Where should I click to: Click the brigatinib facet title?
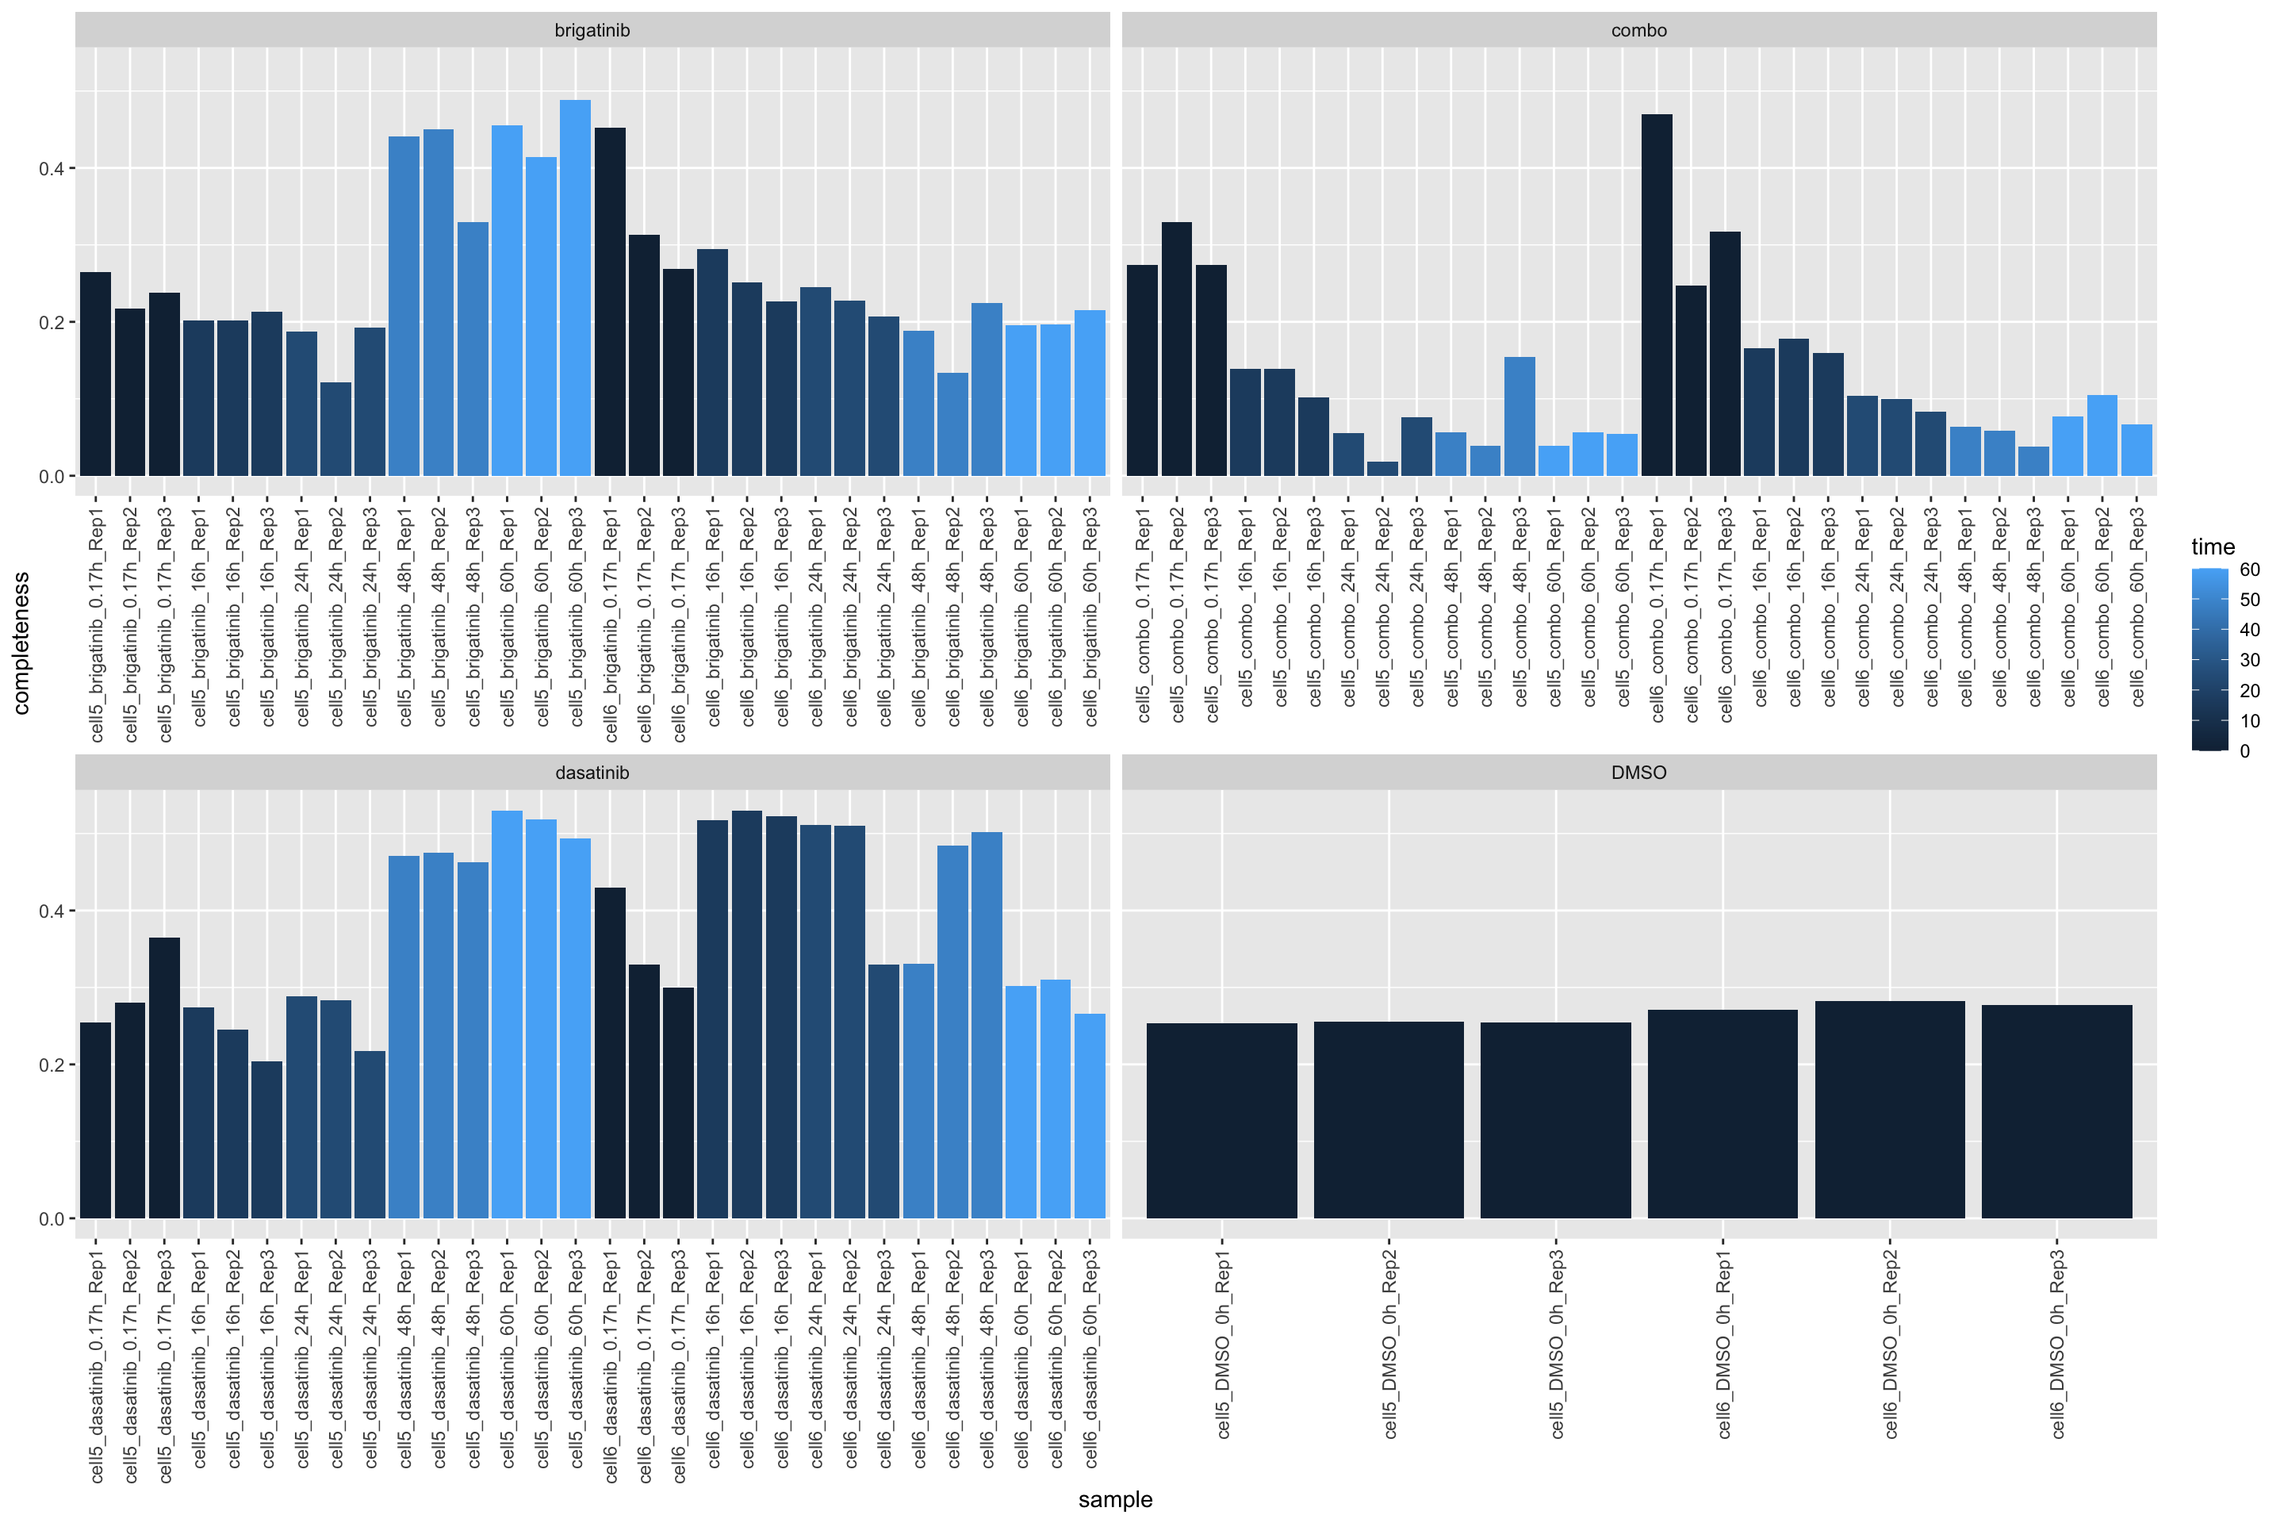point(592,30)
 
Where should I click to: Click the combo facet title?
point(1638,30)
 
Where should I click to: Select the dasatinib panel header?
point(592,772)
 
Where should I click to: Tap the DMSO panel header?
point(1638,772)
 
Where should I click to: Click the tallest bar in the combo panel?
point(1657,295)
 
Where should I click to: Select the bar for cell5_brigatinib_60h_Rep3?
point(575,289)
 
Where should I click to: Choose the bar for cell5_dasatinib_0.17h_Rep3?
point(164,1077)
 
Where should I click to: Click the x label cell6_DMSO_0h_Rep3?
point(2056,1343)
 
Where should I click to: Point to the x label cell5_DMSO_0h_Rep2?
point(1389,1343)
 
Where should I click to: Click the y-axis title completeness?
point(21,643)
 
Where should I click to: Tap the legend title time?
point(2213,547)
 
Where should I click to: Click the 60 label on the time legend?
point(2250,570)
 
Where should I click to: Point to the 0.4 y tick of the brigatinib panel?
point(51,169)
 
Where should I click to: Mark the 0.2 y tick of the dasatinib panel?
point(51,1065)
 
